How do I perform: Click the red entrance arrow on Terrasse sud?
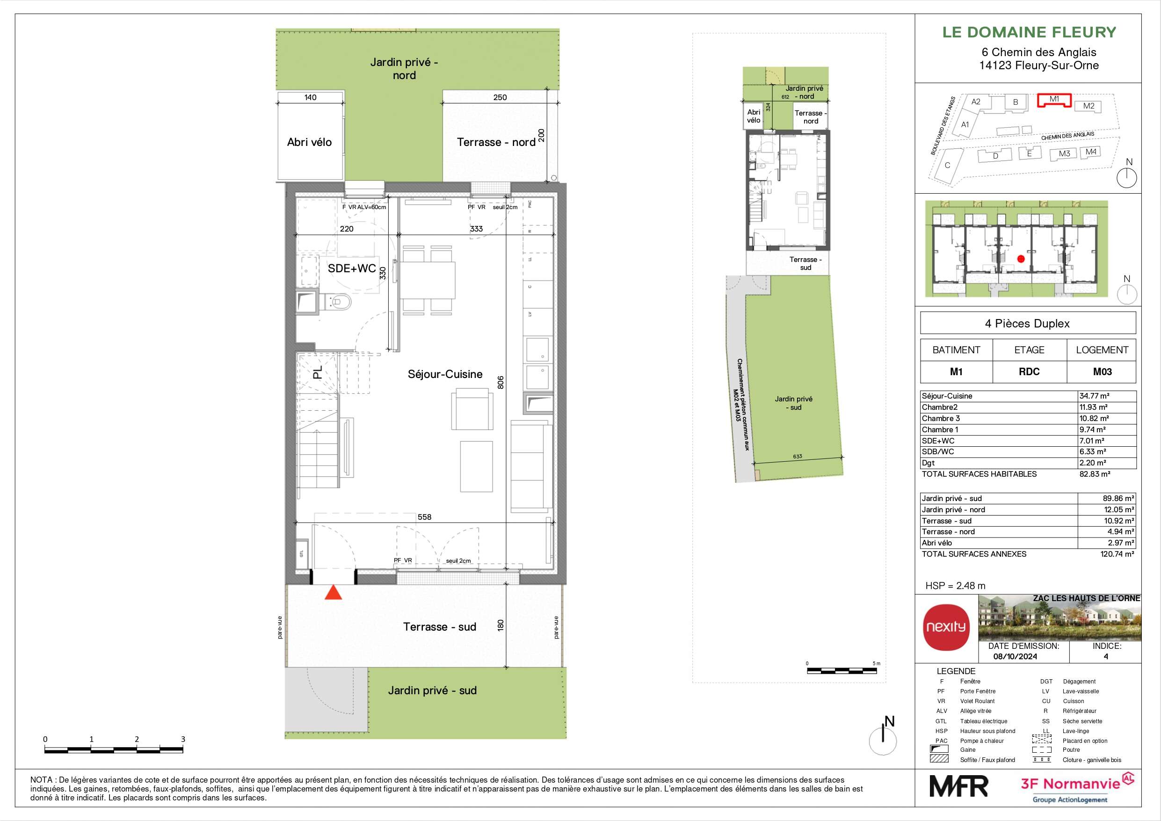point(333,592)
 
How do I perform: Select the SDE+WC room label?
point(351,268)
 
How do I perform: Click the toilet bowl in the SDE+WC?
point(341,302)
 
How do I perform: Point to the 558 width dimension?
point(424,517)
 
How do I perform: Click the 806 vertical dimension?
point(501,382)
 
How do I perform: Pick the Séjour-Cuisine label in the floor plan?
point(445,374)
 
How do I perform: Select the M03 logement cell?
point(1102,372)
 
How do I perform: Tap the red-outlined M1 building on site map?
point(1054,100)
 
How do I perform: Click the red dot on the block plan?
point(1020,259)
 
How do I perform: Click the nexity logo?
point(946,627)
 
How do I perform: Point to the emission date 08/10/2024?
point(1015,657)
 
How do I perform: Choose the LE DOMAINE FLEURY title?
point(1029,32)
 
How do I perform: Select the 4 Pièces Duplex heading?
point(1027,324)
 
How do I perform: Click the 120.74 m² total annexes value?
point(1117,554)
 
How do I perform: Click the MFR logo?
point(958,786)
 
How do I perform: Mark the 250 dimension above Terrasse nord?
point(500,97)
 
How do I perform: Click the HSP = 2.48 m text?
point(955,586)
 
